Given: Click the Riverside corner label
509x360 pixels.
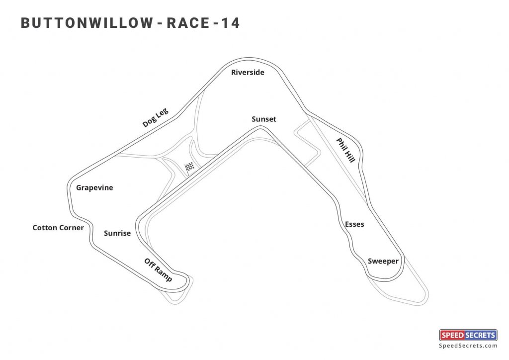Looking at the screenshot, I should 248,73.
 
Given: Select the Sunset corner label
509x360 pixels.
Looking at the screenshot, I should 264,119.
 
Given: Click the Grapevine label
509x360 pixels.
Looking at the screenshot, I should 94,188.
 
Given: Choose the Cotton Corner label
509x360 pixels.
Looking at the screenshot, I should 58,228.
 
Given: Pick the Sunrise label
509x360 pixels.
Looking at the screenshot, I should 117,233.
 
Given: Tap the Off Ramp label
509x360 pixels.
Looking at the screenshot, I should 158,270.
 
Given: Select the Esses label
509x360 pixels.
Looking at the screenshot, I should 354,224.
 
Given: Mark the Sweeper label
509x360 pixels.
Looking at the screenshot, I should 383,261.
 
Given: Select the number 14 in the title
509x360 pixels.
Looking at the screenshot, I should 230,23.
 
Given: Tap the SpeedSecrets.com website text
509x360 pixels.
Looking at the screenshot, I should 468,346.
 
